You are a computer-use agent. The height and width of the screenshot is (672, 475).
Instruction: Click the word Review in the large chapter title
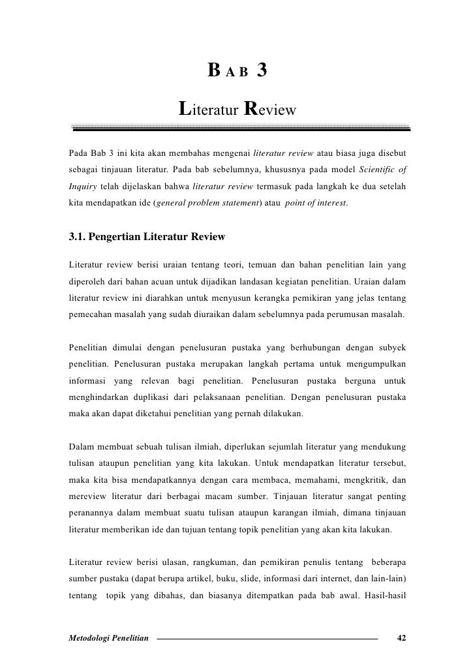coord(270,106)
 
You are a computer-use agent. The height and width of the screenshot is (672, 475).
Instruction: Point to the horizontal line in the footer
coord(268,637)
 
